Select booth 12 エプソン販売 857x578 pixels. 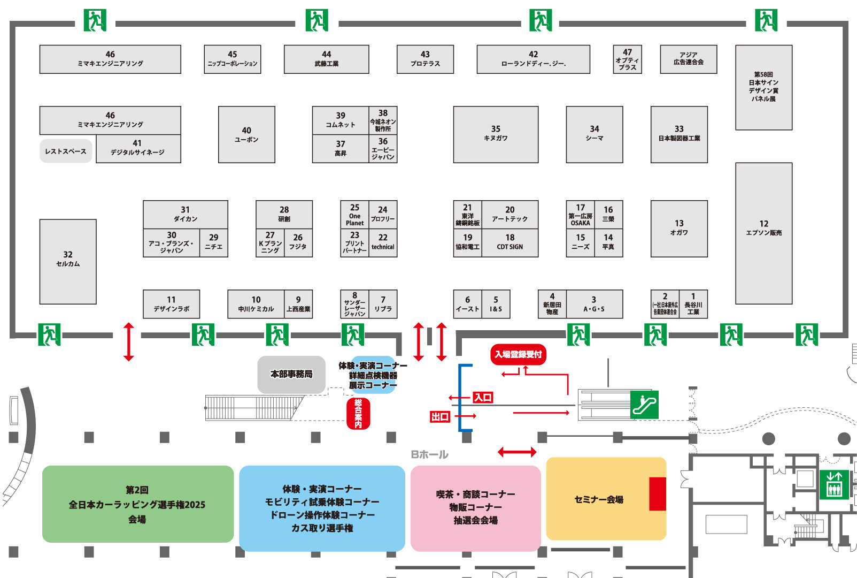point(763,233)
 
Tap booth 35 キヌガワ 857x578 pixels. point(496,134)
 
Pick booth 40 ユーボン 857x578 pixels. point(246,134)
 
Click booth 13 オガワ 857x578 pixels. point(679,229)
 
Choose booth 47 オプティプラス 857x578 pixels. point(627,59)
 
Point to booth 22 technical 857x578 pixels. point(383,242)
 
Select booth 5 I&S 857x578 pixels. point(496,304)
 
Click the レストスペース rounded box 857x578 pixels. point(66,151)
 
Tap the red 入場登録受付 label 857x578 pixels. point(518,354)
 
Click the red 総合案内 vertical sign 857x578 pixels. point(358,413)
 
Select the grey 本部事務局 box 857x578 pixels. point(291,374)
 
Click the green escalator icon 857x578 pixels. point(644,405)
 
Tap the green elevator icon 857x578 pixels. point(834,484)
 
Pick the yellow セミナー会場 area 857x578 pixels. point(599,499)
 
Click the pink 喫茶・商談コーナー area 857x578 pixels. point(475,507)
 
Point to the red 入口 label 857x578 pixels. point(483,397)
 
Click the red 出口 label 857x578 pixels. point(440,416)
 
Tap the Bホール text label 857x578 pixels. point(429,454)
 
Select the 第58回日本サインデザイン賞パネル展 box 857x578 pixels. point(763,87)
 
